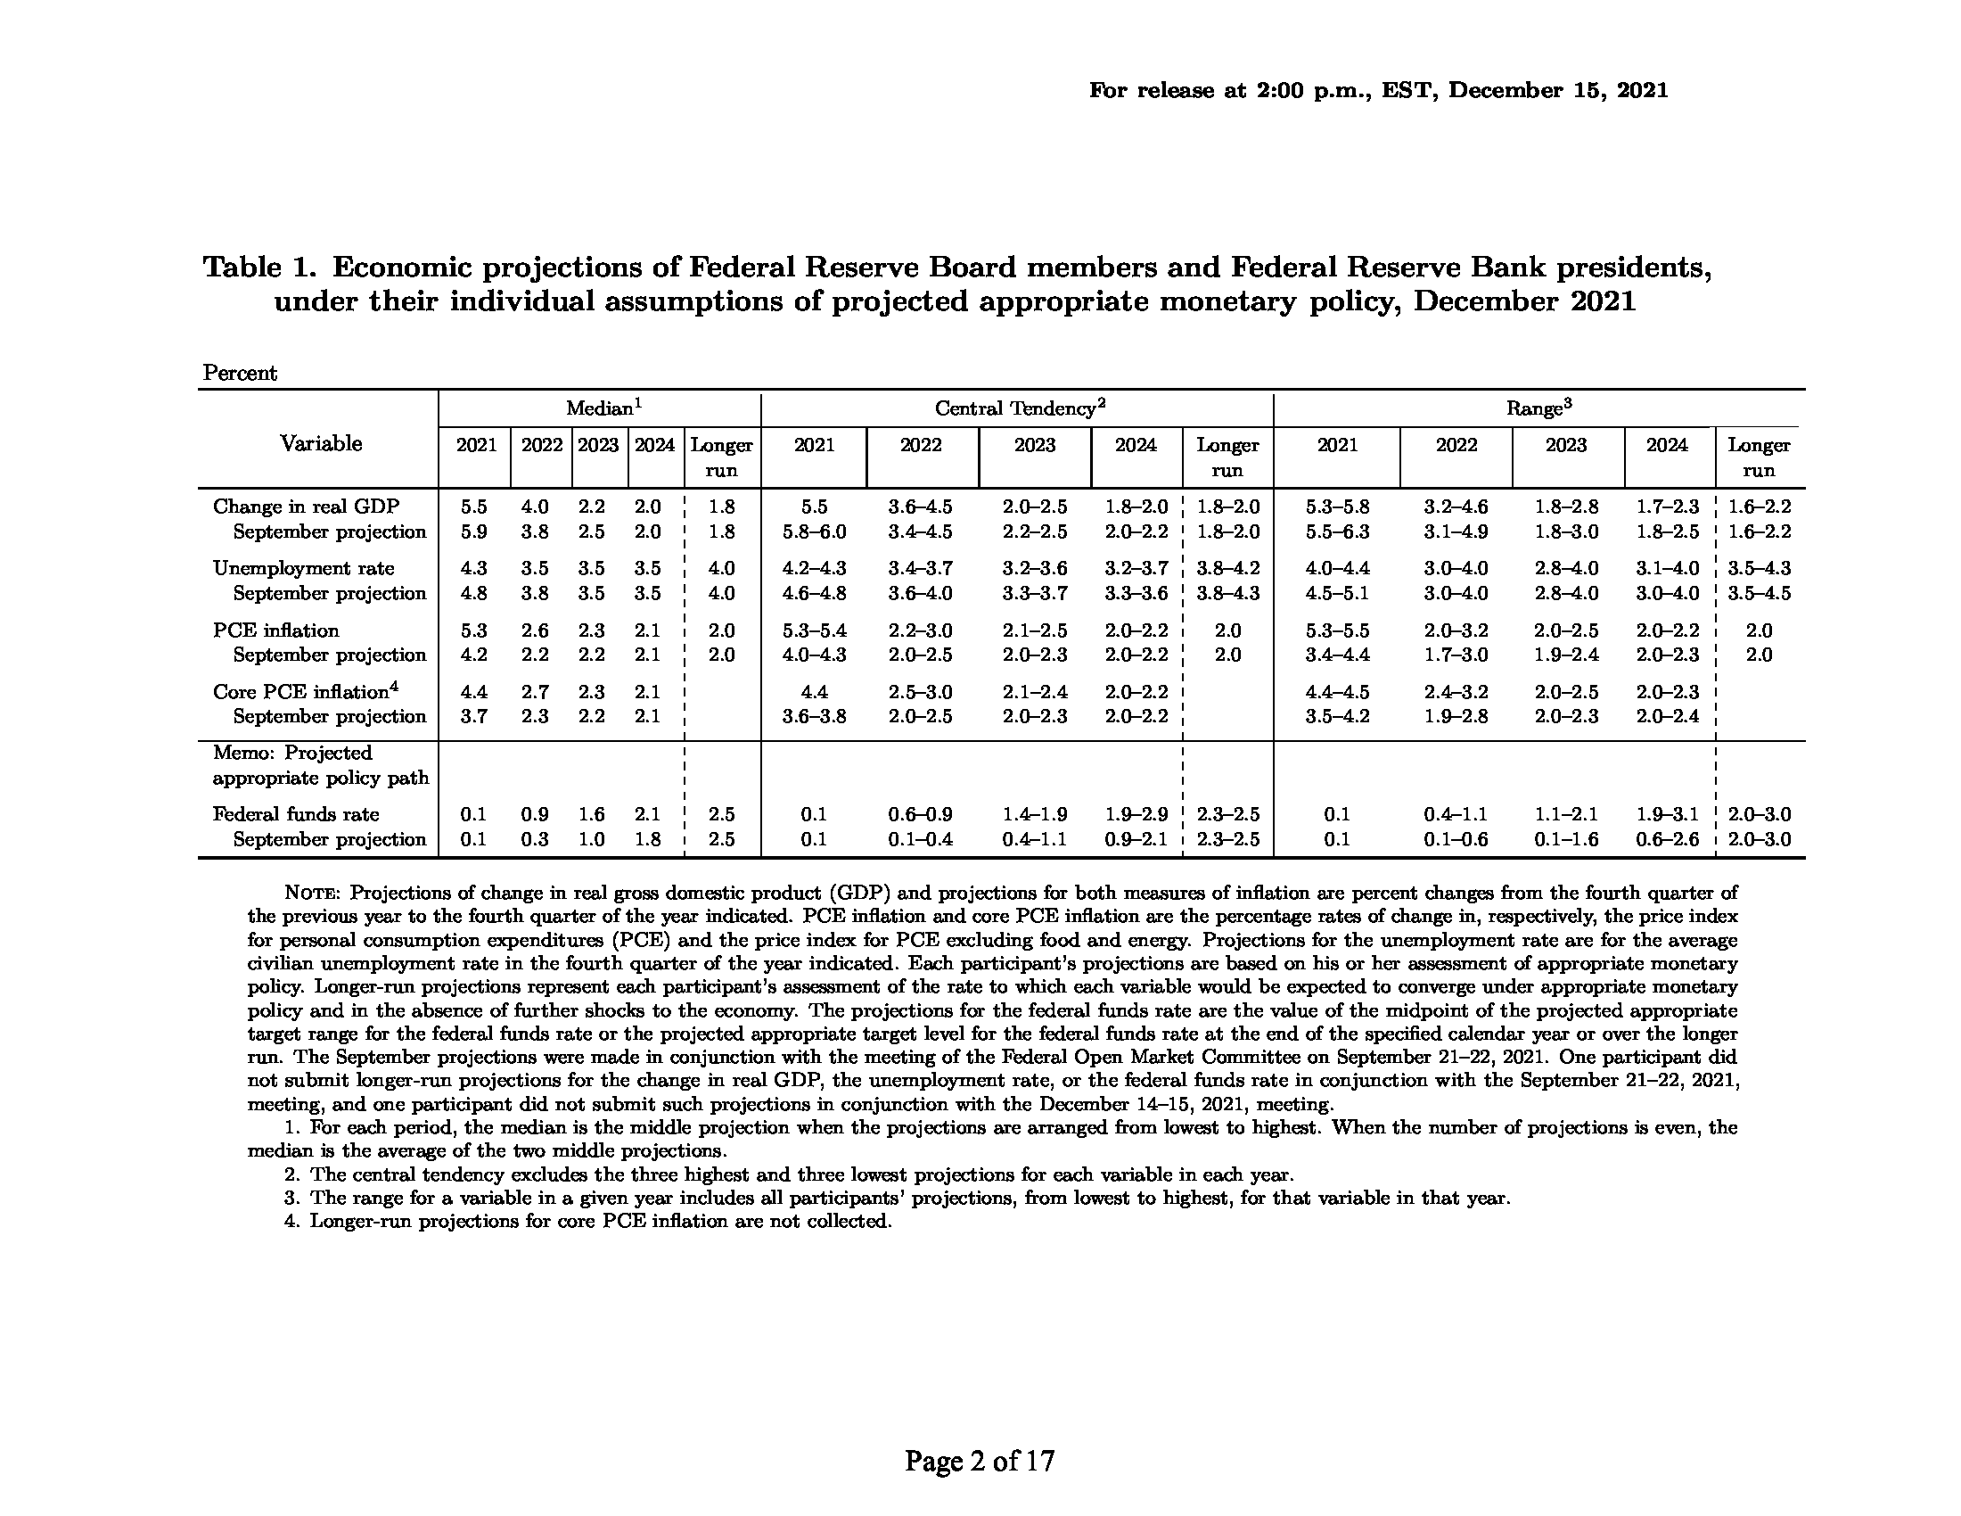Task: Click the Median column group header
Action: (603, 408)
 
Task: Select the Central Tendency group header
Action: (1019, 408)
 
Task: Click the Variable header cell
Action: (321, 444)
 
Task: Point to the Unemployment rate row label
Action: (303, 569)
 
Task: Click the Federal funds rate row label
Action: (295, 814)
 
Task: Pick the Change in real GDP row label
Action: (306, 507)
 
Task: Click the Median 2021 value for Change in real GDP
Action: (474, 507)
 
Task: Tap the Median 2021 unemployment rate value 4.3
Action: (474, 569)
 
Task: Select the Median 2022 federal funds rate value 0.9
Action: (535, 814)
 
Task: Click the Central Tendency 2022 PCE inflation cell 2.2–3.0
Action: (921, 630)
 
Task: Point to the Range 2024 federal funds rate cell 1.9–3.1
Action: (1667, 814)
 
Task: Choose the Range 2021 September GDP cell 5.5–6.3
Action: (1337, 531)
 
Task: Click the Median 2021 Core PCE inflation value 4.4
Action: (474, 691)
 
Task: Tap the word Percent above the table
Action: (240, 374)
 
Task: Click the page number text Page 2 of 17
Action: (980, 1462)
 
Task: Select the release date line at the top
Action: (1378, 91)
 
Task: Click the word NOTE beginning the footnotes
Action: (312, 894)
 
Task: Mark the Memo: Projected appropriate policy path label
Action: (321, 765)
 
